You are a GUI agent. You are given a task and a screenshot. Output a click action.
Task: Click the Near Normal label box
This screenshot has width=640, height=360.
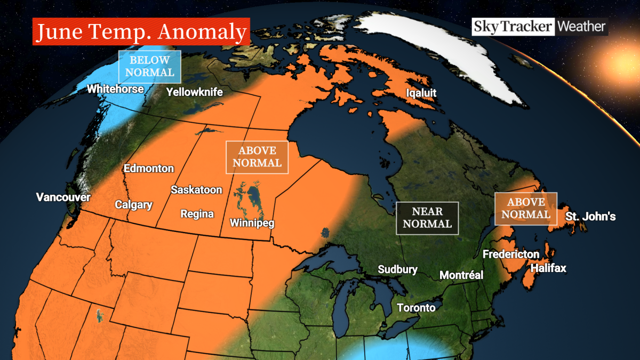tap(427, 218)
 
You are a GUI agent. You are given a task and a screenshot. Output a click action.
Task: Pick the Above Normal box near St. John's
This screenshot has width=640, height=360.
tap(525, 208)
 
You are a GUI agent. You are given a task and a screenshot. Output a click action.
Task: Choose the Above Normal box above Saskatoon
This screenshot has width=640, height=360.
tap(257, 157)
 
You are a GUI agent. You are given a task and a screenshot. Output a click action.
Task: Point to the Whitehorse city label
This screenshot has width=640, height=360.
tap(115, 89)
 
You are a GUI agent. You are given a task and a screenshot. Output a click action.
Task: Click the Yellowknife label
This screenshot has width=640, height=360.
tap(194, 92)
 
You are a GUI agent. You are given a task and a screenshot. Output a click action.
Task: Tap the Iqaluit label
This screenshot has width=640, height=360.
tap(421, 93)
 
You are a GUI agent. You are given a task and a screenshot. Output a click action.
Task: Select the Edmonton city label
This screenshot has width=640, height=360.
tap(149, 169)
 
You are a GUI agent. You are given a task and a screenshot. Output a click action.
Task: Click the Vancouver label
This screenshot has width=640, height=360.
tap(63, 197)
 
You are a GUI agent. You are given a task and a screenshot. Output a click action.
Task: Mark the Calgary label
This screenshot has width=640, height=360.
tap(134, 205)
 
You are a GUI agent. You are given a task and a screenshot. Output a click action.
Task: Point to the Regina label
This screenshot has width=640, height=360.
tap(197, 214)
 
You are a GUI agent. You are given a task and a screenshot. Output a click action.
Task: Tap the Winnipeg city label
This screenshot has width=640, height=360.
tap(252, 223)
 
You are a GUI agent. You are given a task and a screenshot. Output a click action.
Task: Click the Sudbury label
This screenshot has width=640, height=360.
tap(397, 269)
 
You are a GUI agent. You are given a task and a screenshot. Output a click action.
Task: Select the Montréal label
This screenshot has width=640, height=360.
tap(461, 275)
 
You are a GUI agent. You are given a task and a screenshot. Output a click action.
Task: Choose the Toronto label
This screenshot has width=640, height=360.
tap(416, 308)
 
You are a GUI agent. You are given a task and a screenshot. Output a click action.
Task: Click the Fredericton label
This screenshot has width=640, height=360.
tap(511, 254)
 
